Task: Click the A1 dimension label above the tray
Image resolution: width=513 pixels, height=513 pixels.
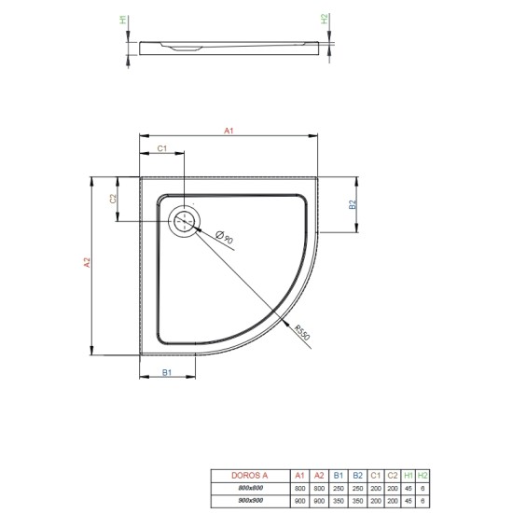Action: tap(229, 132)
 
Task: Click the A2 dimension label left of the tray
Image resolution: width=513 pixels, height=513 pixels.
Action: tap(86, 264)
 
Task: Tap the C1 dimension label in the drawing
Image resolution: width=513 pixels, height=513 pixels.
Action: tap(161, 148)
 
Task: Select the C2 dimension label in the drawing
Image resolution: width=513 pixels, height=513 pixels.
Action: tap(112, 199)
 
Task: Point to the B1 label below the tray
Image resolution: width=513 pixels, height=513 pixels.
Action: tap(167, 373)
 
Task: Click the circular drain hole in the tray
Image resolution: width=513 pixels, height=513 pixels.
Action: tap(185, 221)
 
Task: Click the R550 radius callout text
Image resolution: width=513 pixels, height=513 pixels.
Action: tap(301, 333)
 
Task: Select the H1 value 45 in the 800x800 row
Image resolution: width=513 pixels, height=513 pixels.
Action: tap(408, 489)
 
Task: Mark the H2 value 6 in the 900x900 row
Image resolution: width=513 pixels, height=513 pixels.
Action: tap(423, 502)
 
